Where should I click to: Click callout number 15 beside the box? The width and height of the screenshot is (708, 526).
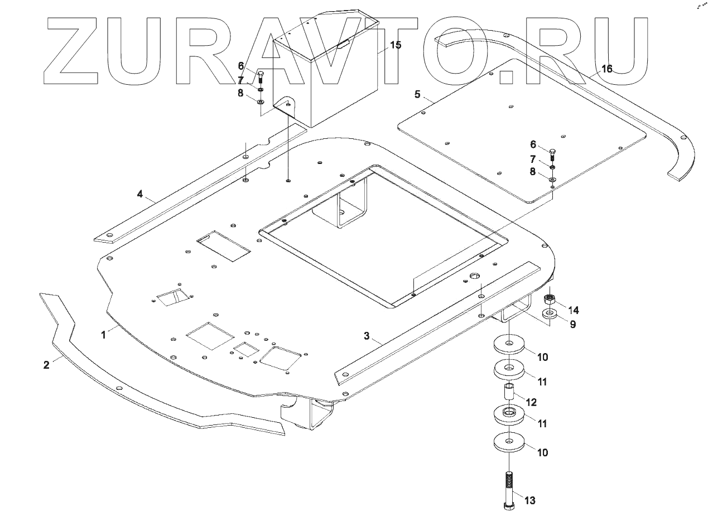tap(395, 45)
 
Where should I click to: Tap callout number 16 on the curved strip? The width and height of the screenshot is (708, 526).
tap(606, 69)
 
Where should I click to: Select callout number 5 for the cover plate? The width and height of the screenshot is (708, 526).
tap(417, 94)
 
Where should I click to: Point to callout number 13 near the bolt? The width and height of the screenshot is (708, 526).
tap(529, 500)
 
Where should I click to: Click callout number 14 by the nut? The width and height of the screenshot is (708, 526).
tap(574, 310)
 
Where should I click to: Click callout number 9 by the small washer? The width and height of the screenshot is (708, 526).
tap(572, 323)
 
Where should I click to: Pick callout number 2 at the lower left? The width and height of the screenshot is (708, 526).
tap(46, 364)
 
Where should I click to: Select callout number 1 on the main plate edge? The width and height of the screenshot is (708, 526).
tap(103, 335)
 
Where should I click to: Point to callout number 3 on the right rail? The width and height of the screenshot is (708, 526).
tap(367, 335)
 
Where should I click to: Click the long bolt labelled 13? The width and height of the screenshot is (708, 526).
tap(509, 491)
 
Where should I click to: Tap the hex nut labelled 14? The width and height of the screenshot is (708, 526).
tap(550, 298)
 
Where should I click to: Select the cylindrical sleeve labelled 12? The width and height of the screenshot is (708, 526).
tap(509, 392)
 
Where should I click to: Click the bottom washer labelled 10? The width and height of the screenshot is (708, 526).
tap(509, 442)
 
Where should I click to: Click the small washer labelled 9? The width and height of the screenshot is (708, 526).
tap(550, 315)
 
